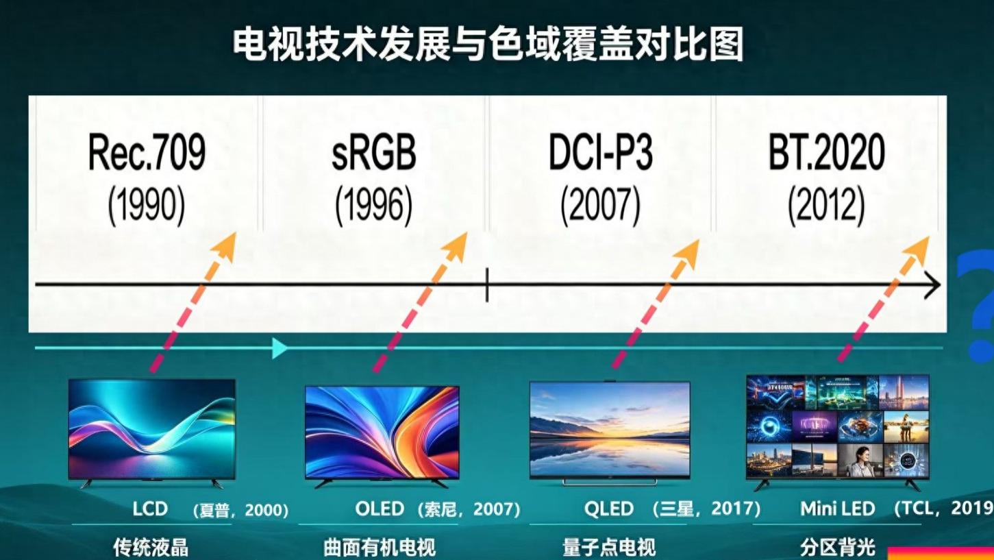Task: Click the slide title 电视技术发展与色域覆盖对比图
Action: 488,45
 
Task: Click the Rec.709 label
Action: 147,153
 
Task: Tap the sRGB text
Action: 374,153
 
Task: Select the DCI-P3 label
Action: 600,153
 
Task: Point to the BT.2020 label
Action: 826,153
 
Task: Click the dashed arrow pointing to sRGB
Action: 419,303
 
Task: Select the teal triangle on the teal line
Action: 279,348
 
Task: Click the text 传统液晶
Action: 151,548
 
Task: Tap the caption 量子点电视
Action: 609,548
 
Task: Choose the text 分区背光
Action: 837,548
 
